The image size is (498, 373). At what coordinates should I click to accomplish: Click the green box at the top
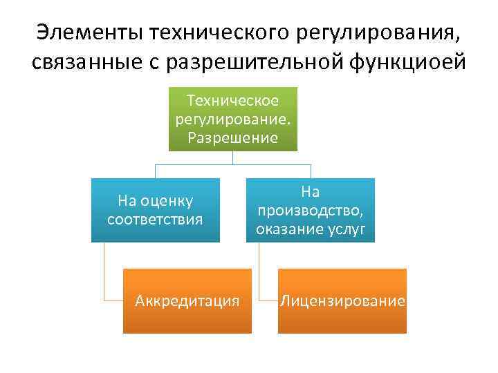[x=233, y=119]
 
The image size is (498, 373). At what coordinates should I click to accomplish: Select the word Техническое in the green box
[x=233, y=101]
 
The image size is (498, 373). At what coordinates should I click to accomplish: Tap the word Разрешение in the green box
[x=233, y=137]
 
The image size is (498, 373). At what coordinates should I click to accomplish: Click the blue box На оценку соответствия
[x=156, y=210]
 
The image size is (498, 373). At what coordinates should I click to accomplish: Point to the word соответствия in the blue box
[x=156, y=220]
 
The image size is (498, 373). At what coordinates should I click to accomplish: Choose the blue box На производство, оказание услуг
[x=311, y=210]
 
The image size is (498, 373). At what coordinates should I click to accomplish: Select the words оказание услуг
[x=311, y=229]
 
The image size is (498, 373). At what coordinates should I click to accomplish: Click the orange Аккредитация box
[x=187, y=301]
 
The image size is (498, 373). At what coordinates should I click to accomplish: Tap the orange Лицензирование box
[x=342, y=301]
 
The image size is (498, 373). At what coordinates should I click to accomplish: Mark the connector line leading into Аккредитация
[x=105, y=276]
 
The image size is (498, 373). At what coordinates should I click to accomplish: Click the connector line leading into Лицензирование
[x=260, y=276]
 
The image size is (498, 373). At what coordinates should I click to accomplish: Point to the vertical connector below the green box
[x=233, y=158]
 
